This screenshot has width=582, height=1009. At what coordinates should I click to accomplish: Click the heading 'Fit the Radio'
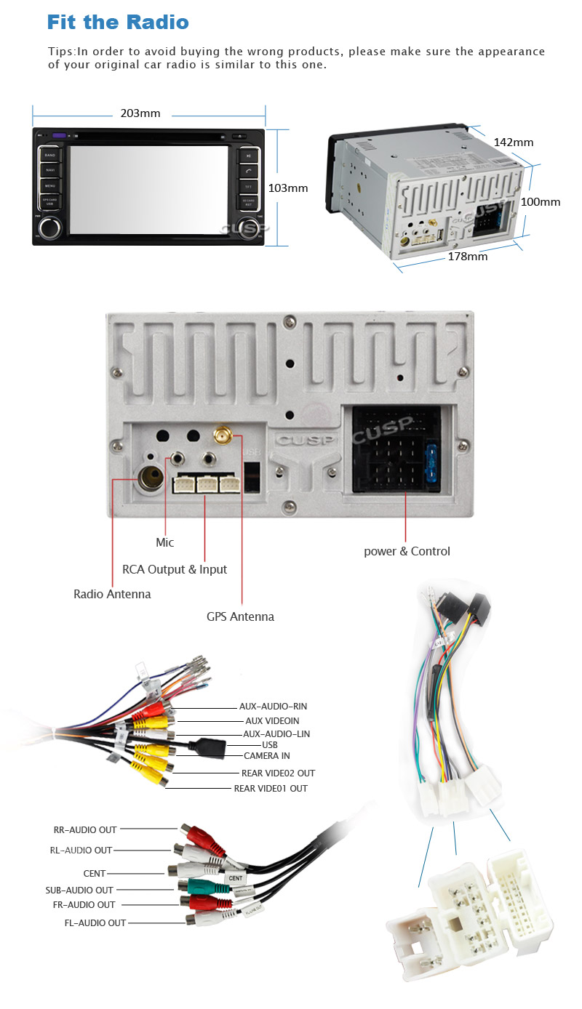[118, 22]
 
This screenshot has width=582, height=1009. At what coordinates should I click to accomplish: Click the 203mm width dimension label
[140, 113]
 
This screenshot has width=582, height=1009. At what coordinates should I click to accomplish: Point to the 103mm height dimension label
[288, 188]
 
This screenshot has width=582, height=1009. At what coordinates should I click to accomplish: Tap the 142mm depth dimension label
[513, 142]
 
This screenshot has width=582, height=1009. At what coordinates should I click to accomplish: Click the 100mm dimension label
[541, 201]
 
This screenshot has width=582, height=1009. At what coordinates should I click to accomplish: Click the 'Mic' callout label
[165, 542]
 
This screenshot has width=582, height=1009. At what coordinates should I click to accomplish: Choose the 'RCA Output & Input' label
[175, 569]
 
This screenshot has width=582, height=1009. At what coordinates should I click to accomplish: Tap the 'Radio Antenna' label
[112, 594]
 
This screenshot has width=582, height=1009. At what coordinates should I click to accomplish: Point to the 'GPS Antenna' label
[240, 616]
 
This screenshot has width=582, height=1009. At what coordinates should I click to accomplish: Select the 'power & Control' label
[407, 551]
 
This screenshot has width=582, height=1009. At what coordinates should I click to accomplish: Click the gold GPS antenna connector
[223, 436]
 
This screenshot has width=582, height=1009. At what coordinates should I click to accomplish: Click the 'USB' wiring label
[270, 745]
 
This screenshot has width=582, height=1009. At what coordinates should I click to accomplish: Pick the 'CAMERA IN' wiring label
[266, 756]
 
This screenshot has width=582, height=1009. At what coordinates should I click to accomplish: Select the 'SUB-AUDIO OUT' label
[79, 890]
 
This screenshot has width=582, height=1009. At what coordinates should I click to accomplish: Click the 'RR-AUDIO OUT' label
[85, 829]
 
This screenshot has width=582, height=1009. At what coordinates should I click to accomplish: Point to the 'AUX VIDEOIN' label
[272, 720]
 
